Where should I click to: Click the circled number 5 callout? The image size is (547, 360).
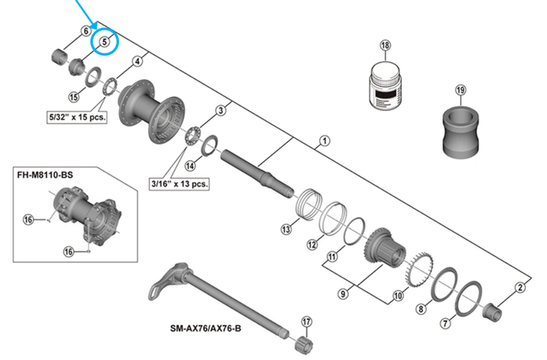coord(104,42)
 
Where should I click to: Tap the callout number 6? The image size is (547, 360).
coord(85,32)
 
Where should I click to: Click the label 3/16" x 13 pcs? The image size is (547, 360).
coord(178,182)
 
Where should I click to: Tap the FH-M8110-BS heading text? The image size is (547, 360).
coord(47,174)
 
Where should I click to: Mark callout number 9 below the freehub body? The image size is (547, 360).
coord(343,291)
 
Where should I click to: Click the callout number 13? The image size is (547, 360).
coord(286,229)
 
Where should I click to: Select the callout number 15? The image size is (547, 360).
coord(73,97)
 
